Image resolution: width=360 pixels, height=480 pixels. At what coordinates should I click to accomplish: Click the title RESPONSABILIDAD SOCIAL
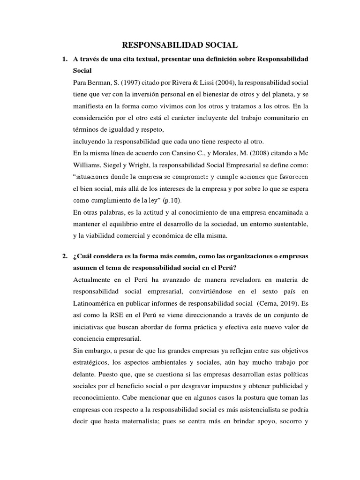pos(180,45)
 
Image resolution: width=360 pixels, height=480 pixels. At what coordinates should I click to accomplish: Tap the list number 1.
pos(64,60)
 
